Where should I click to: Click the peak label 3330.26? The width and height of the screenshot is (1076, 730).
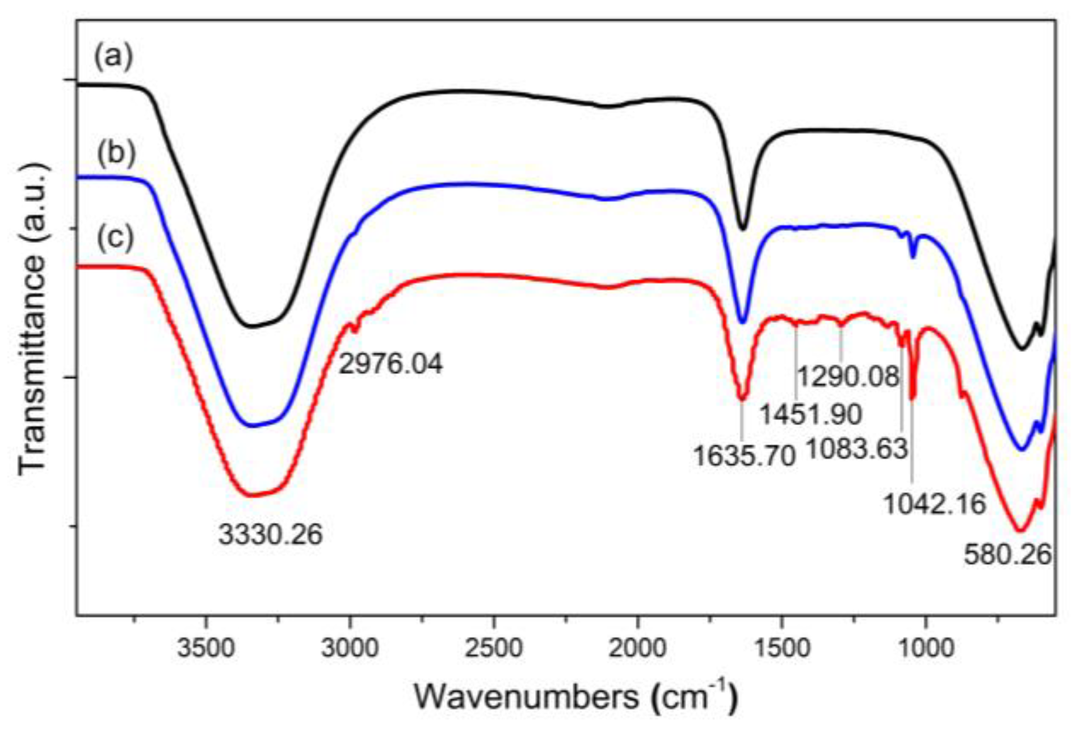[x=270, y=534]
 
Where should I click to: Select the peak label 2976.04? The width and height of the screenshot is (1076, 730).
[x=390, y=364]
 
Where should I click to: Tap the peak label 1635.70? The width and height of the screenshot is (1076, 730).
[x=744, y=456]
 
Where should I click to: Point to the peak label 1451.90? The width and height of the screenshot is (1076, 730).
[x=810, y=414]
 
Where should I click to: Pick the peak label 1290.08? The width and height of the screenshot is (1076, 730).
[x=848, y=376]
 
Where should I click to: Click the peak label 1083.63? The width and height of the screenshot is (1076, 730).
[x=856, y=450]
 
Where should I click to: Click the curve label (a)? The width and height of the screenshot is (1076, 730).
[x=114, y=57]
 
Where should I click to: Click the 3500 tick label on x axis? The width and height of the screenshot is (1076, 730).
[x=206, y=648]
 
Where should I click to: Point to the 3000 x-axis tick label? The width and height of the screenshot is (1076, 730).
[x=350, y=648]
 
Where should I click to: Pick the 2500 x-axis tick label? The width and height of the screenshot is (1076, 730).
[x=494, y=648]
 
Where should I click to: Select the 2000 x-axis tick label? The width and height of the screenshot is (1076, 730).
[x=638, y=648]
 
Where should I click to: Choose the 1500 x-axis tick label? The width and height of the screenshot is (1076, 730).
[x=782, y=648]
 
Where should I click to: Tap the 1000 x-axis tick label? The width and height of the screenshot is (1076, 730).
[x=926, y=648]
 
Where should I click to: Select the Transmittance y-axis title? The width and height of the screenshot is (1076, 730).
[x=32, y=318]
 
